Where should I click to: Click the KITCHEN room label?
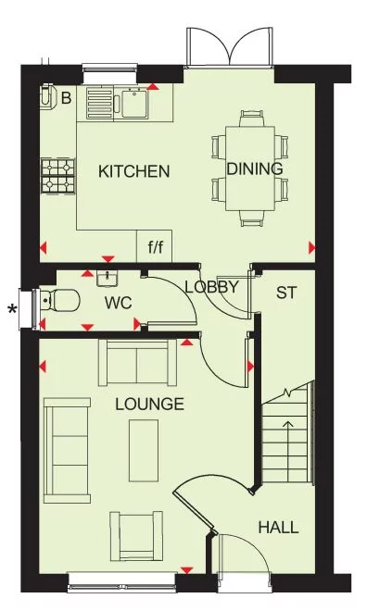134,171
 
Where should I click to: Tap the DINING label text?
254,168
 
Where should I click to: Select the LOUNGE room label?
149,405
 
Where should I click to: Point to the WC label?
118,303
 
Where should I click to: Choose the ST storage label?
286,293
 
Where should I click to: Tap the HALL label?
278,528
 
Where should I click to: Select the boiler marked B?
48,97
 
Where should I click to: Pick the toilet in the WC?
59,301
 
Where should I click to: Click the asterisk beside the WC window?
13,309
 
